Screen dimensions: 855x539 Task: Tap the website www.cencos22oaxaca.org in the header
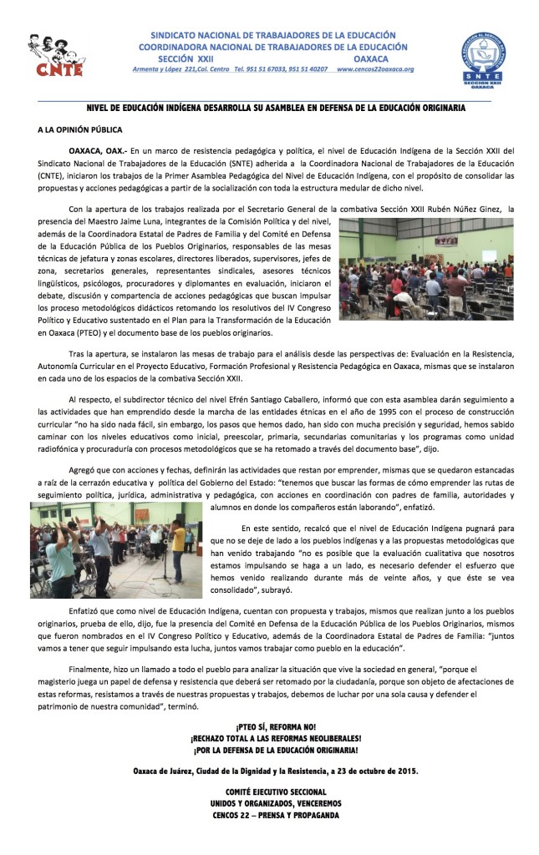point(375,69)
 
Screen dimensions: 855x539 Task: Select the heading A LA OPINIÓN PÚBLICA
point(80,130)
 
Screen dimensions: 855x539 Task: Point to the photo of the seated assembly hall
point(426,270)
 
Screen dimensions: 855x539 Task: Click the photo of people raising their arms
point(116,549)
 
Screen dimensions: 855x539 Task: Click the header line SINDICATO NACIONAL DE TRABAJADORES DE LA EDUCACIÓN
point(273,35)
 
